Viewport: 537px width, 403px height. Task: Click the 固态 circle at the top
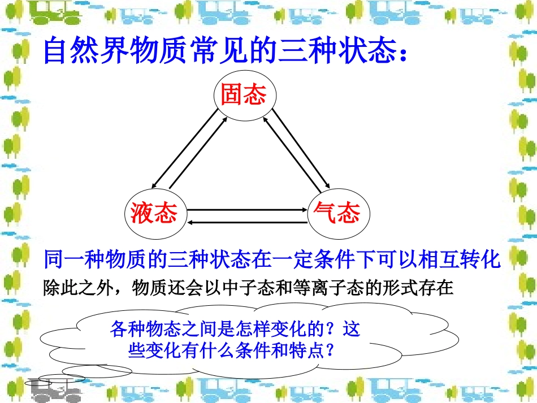[243, 96]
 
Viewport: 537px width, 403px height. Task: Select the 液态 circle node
[154, 213]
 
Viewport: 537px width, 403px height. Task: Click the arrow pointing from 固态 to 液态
[184, 149]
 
